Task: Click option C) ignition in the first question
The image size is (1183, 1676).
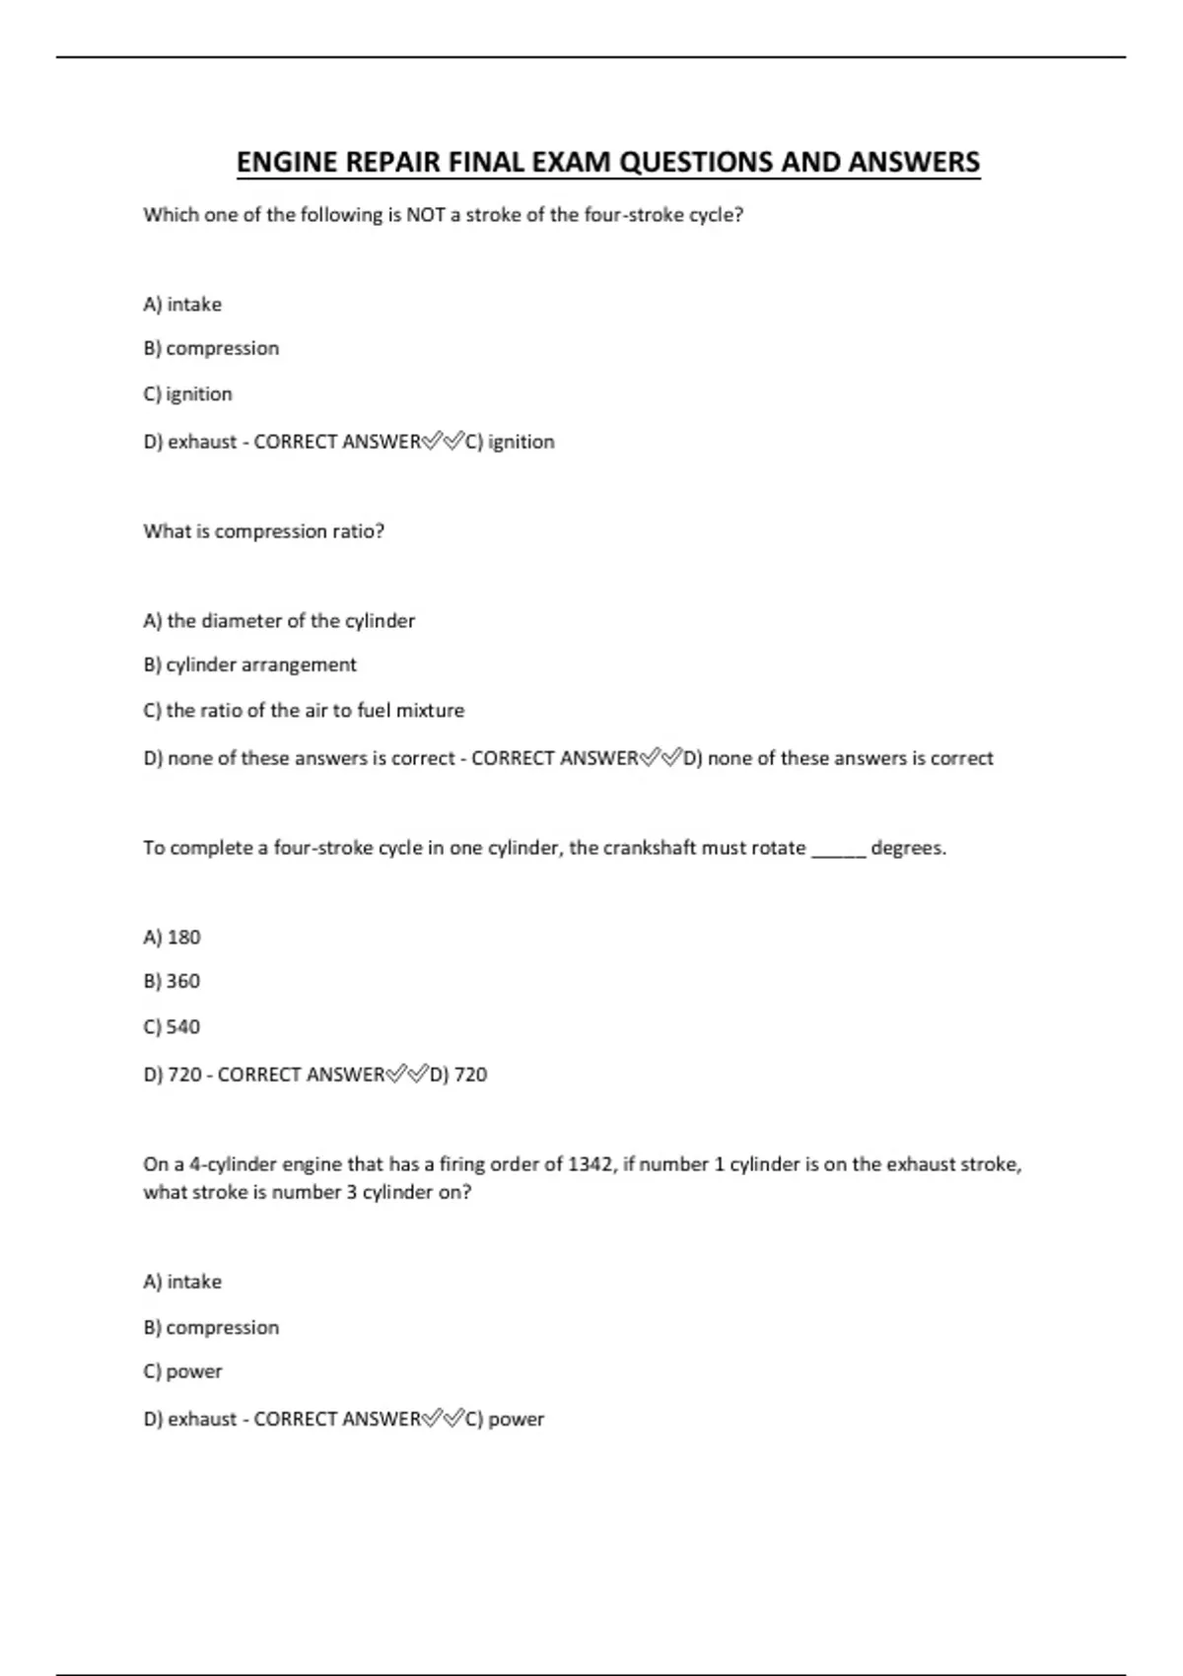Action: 188,394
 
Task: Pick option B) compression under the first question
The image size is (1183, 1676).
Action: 211,349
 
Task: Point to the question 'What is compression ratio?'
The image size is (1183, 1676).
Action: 263,531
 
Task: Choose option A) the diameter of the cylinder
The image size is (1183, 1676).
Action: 279,621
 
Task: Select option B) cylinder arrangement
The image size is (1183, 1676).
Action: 249,665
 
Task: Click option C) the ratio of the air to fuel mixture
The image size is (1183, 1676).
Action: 304,711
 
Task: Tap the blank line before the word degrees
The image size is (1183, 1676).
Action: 838,849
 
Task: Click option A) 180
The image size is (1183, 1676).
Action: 172,938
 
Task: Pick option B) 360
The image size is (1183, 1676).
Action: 172,982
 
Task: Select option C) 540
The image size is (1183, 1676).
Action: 172,1027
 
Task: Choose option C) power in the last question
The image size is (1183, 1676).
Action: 182,1372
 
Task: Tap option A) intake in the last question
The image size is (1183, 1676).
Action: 182,1283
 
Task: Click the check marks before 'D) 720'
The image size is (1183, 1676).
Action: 407,1074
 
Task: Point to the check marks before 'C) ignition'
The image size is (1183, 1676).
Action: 443,442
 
